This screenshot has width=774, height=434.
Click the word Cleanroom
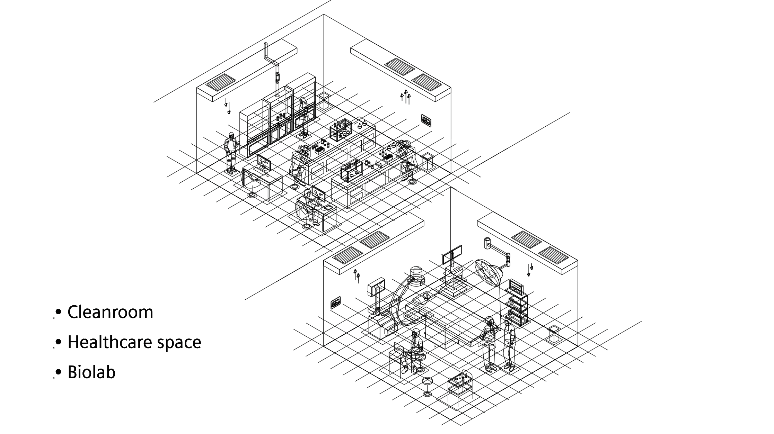pos(110,312)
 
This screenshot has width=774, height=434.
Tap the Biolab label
pos(91,372)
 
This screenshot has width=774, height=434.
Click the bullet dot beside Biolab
pos(59,372)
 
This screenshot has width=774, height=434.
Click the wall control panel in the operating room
pos(336,303)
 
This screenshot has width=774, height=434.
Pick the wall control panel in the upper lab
pos(426,120)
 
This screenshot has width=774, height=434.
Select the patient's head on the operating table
pos(426,297)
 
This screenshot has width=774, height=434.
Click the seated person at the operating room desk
pos(416,350)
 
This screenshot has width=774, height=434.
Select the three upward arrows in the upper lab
pos(405,97)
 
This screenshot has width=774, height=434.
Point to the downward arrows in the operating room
pos(530,270)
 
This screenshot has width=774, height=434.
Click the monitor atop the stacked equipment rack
pos(516,287)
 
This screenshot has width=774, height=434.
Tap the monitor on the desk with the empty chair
pos(264,162)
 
